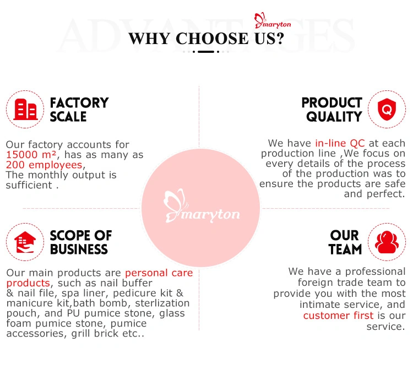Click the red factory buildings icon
pos(25,109)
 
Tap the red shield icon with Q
pos(387,109)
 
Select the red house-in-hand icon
pos(25,242)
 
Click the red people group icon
pos(387,242)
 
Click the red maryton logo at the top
pos(273,21)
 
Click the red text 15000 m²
pos(31,155)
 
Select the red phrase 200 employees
pos(44,165)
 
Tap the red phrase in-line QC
pos(340,143)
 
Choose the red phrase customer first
pos(338,315)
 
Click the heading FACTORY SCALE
pos(79,110)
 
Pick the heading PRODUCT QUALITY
pos(332,110)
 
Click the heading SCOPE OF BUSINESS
pos(81,242)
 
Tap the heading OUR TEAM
pos(345,242)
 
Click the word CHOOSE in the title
pos(212,39)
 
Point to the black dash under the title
pos(206,52)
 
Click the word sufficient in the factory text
pos(29,185)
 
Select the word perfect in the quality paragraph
pos(385,194)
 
